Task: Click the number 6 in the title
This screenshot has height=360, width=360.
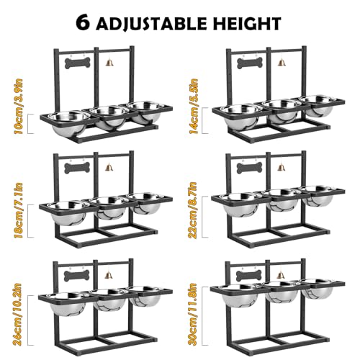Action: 84,23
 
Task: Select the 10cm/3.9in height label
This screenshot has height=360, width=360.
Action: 19,107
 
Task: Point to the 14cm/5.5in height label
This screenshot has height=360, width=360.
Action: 194,107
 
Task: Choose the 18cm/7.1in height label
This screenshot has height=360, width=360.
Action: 19,210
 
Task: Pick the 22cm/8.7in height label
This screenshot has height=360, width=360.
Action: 193,210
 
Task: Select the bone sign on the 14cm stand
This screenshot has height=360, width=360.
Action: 250,63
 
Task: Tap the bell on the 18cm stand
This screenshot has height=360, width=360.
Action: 109,166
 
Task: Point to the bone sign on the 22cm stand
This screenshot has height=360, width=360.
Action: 249,168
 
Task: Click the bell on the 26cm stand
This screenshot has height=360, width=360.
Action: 109,274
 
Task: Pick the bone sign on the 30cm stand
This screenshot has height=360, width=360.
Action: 249,276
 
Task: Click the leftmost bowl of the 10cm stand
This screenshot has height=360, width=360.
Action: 69,122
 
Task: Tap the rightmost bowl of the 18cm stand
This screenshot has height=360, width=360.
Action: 146,204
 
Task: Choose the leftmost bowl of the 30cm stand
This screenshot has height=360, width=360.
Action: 240,296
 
